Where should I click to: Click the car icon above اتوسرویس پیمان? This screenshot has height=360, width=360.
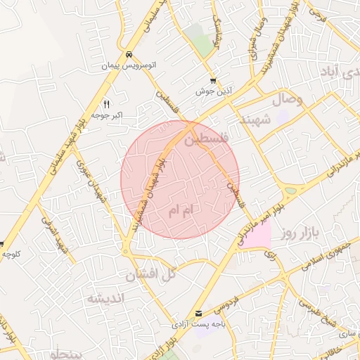[129, 55]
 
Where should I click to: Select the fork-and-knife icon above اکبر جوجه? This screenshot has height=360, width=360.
[106, 103]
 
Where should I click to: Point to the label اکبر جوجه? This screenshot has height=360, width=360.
[106, 114]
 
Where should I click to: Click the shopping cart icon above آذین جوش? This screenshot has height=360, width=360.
[213, 81]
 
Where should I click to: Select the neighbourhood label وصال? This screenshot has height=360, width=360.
[285, 99]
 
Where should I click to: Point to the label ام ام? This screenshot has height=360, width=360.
[181, 210]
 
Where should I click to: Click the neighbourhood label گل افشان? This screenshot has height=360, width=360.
[150, 274]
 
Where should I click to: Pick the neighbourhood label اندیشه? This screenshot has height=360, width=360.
[105, 298]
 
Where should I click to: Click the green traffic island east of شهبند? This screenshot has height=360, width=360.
[290, 190]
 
